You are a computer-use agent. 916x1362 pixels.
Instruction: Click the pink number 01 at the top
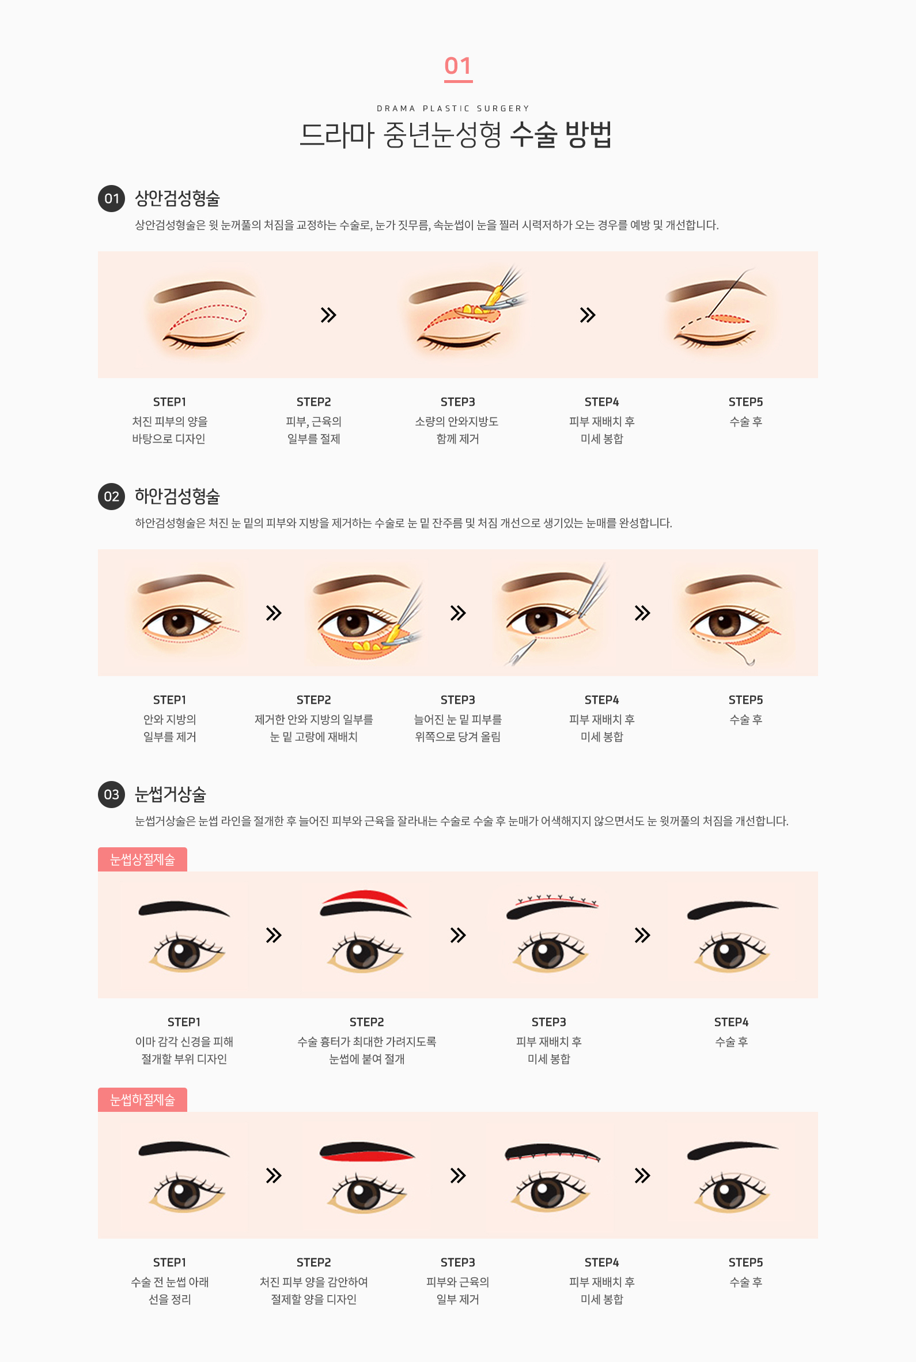click(x=458, y=66)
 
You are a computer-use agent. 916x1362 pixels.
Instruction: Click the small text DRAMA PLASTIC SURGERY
click(x=453, y=108)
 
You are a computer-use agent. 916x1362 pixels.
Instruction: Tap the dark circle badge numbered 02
click(x=111, y=496)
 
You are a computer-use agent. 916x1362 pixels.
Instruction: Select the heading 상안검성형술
click(x=177, y=198)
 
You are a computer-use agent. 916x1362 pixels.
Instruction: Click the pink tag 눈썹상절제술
click(x=142, y=859)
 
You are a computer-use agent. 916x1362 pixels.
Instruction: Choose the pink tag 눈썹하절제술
click(x=142, y=1099)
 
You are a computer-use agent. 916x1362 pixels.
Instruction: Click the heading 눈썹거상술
click(x=170, y=794)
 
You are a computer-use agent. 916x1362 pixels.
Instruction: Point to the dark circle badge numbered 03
click(x=111, y=794)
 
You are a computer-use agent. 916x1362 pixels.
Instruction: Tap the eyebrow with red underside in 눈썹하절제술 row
click(x=366, y=1152)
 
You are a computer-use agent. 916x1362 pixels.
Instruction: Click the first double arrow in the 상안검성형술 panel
click(x=328, y=315)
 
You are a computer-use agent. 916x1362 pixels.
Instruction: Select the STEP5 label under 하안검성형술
click(x=745, y=699)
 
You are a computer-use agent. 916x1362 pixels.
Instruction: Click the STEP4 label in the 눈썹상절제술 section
click(x=731, y=1021)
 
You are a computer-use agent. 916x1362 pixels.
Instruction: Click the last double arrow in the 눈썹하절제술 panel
click(x=642, y=1175)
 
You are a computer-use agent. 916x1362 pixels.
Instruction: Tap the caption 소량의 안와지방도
click(x=456, y=421)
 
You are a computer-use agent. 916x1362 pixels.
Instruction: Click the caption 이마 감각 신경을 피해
click(x=184, y=1041)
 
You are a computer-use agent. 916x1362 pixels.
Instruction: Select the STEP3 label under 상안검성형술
click(x=457, y=401)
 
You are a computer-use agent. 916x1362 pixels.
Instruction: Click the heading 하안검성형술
click(x=177, y=496)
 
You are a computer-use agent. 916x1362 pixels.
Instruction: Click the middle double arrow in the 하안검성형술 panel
click(x=458, y=613)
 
